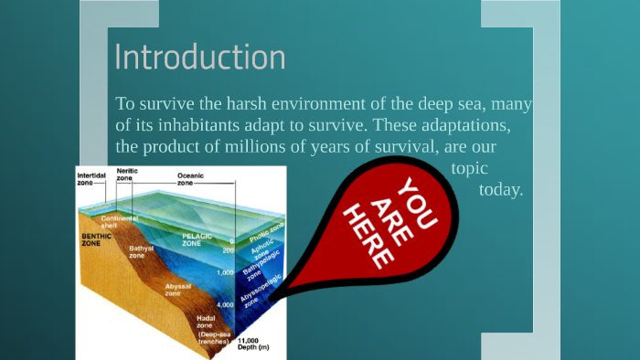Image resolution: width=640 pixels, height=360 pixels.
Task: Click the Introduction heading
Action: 199,57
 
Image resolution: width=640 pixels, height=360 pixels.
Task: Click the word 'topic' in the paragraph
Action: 469,168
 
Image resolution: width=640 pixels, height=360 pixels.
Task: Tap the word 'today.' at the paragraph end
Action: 500,190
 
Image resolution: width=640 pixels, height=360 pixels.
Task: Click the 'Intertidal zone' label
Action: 91,178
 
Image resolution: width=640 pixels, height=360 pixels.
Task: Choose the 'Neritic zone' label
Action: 127,175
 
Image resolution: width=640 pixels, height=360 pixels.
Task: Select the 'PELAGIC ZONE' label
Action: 197,239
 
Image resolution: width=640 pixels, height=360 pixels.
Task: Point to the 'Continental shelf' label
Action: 119,222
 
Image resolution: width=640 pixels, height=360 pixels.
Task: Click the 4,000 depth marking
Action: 224,304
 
